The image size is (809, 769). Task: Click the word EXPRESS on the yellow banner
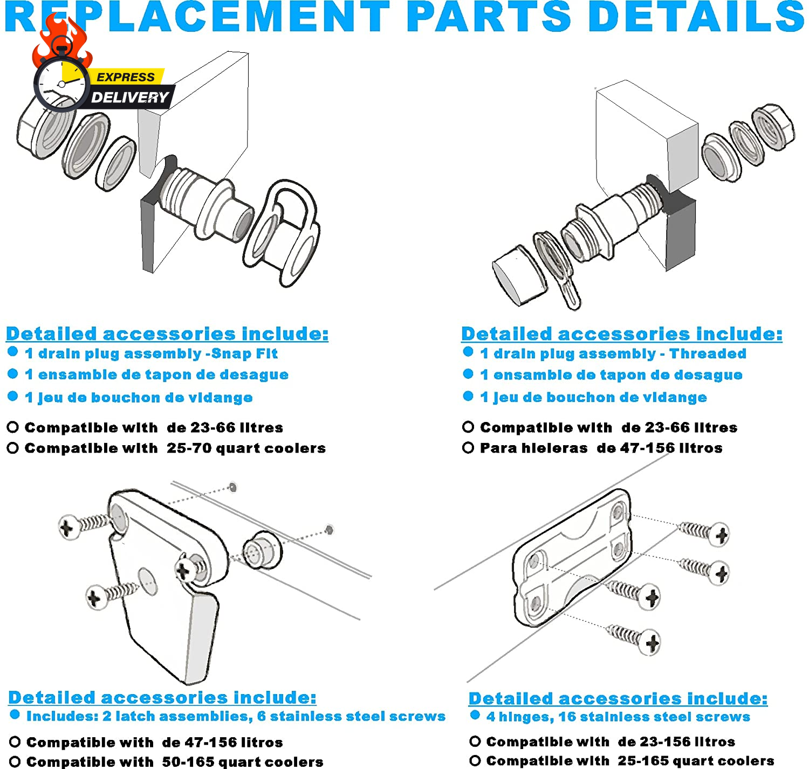[126, 77]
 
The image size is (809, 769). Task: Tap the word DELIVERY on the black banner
[129, 98]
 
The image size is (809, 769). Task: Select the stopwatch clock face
[61, 84]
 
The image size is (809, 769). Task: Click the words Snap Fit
[244, 354]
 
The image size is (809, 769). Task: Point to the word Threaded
[708, 354]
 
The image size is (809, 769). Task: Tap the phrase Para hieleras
[534, 448]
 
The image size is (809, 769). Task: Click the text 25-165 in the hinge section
[644, 761]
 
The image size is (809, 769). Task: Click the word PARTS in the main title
[490, 17]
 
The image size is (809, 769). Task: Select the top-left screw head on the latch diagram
[68, 527]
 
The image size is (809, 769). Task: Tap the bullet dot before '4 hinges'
[475, 715]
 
